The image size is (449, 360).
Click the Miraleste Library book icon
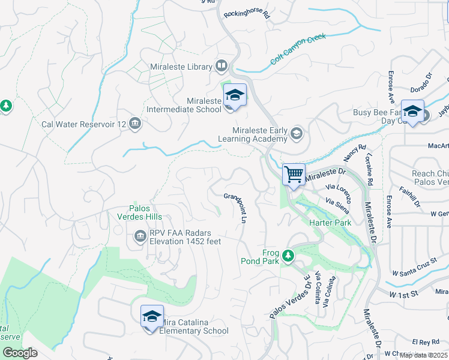pos(221,66)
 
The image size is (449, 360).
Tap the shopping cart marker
pos(294,175)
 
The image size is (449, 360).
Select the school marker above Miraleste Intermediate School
pos(235,95)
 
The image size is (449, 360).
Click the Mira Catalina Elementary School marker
pos(152,316)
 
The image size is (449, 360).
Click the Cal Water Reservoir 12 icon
pos(134,124)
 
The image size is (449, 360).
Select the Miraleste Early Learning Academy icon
pos(296,133)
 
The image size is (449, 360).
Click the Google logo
pos(19,352)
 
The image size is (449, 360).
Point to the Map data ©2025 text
pos(423,355)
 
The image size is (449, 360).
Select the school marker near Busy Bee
pos(412,112)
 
